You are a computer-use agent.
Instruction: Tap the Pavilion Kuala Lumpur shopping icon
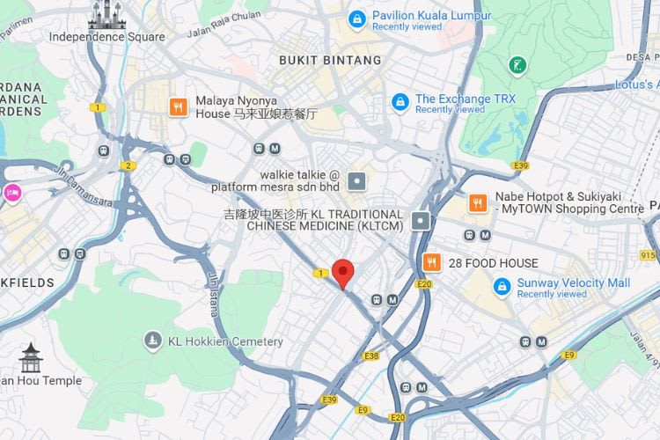tap(356, 18)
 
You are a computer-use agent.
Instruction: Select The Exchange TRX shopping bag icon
tap(400, 102)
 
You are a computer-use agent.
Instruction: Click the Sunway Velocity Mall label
tap(574, 283)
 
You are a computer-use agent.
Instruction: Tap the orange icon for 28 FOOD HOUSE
tap(431, 262)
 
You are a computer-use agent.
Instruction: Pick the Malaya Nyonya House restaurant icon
tap(179, 106)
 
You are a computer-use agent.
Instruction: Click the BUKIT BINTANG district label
tap(330, 61)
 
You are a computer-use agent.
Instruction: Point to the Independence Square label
tap(106, 37)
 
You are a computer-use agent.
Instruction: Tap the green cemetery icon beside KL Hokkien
tap(154, 341)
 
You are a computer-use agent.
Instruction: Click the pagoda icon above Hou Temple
tap(32, 357)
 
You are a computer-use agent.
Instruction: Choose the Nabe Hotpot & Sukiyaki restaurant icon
tap(478, 202)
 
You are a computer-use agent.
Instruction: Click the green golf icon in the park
tap(517, 64)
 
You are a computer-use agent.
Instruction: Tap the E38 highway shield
tap(370, 356)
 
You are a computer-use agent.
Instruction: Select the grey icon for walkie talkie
tap(356, 181)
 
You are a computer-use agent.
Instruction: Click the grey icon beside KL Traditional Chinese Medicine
tap(422, 220)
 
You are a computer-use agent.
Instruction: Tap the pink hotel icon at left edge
tap(11, 193)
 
